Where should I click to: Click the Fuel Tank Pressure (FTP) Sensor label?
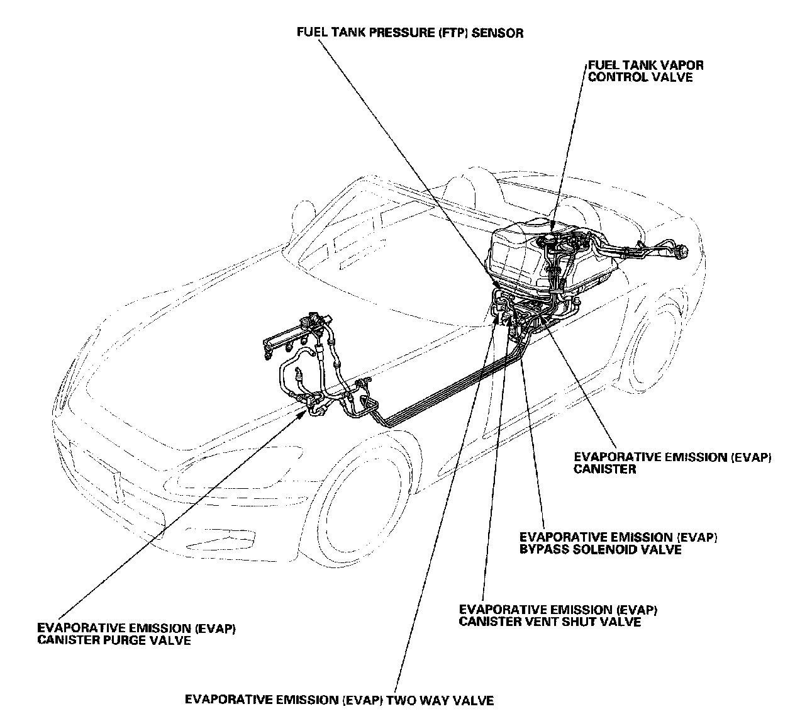click(409, 32)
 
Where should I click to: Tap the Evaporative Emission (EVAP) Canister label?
click(672, 463)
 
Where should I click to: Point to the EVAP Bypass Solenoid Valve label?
click(618, 543)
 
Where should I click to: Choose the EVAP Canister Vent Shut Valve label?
click(559, 615)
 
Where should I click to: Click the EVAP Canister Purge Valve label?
click(136, 634)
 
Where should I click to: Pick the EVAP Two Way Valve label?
click(339, 700)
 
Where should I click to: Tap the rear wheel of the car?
click(654, 352)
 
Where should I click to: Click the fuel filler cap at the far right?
click(682, 250)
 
